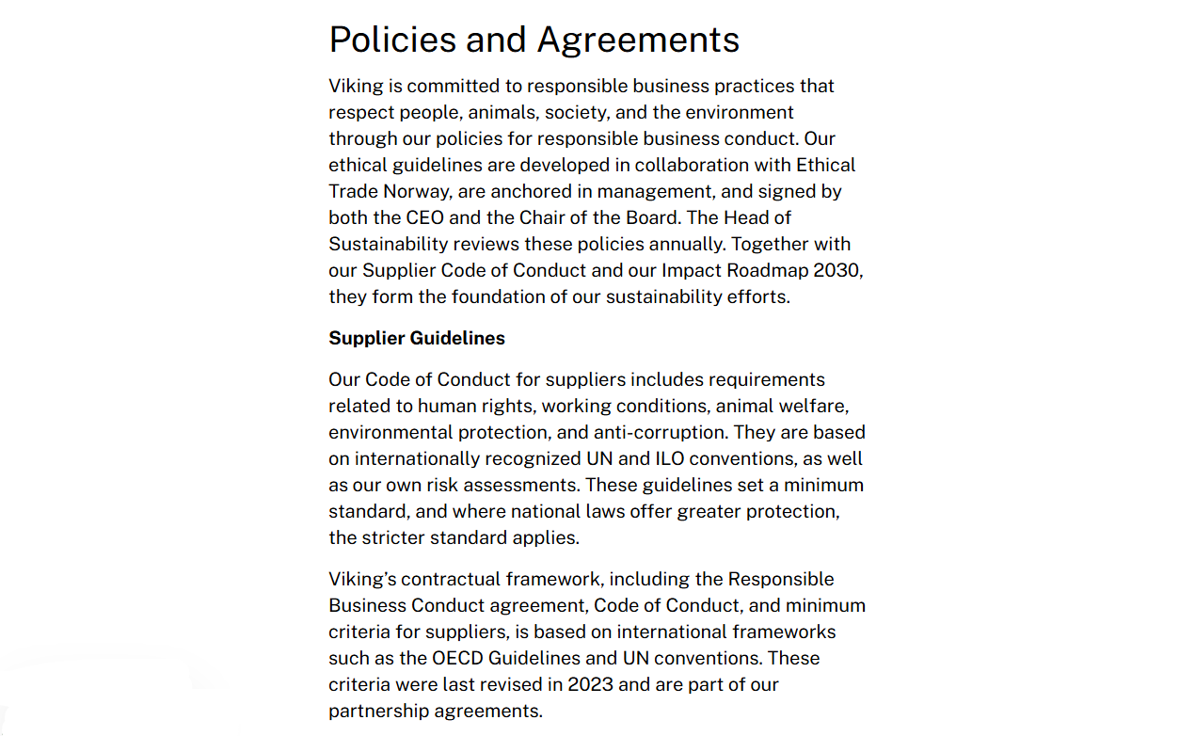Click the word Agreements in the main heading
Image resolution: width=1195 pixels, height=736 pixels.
(x=638, y=40)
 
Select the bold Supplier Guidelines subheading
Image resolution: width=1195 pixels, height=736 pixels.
(x=417, y=338)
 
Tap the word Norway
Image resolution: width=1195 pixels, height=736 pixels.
(x=417, y=191)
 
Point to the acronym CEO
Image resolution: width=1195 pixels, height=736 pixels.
(x=425, y=217)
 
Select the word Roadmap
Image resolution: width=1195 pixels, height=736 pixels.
(x=773, y=270)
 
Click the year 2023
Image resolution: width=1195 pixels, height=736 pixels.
(x=591, y=684)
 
